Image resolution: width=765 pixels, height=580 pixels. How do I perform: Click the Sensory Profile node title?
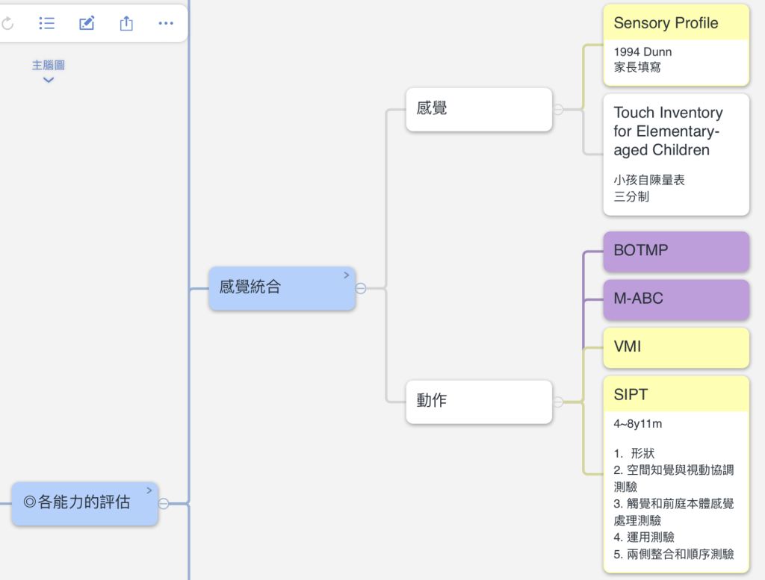pos(666,23)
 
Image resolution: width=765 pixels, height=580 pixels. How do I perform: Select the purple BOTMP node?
pos(675,251)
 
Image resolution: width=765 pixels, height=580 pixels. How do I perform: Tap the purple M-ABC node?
pos(675,299)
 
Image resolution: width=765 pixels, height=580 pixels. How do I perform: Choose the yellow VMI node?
pos(675,347)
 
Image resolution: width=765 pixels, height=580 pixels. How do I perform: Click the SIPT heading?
pos(631,395)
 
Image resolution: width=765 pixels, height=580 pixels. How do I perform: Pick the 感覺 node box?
pos(479,109)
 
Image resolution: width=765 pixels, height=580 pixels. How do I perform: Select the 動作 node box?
pos(479,401)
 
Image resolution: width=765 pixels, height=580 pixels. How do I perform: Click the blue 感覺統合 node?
pos(282,287)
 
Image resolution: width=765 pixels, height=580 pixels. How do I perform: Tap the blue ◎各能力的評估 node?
pos(84,503)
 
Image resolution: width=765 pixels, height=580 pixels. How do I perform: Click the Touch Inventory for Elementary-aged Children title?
pos(668,131)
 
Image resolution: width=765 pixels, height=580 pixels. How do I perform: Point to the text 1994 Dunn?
pos(642,52)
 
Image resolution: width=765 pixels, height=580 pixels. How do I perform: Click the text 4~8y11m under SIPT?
pos(638,424)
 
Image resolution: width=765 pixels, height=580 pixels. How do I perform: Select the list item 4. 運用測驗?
pos(644,537)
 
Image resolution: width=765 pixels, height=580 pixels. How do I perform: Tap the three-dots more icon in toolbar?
pos(166,24)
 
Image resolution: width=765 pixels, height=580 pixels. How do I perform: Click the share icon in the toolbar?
pos(126,24)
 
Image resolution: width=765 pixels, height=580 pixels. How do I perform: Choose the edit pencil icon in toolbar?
pos(87,24)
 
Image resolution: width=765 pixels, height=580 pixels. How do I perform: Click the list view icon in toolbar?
pos(47,24)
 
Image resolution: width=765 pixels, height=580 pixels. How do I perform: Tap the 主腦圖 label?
pos(48,66)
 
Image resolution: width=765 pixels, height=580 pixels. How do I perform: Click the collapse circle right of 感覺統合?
pos(361,288)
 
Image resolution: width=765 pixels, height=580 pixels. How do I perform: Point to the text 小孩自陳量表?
pos(649,180)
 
